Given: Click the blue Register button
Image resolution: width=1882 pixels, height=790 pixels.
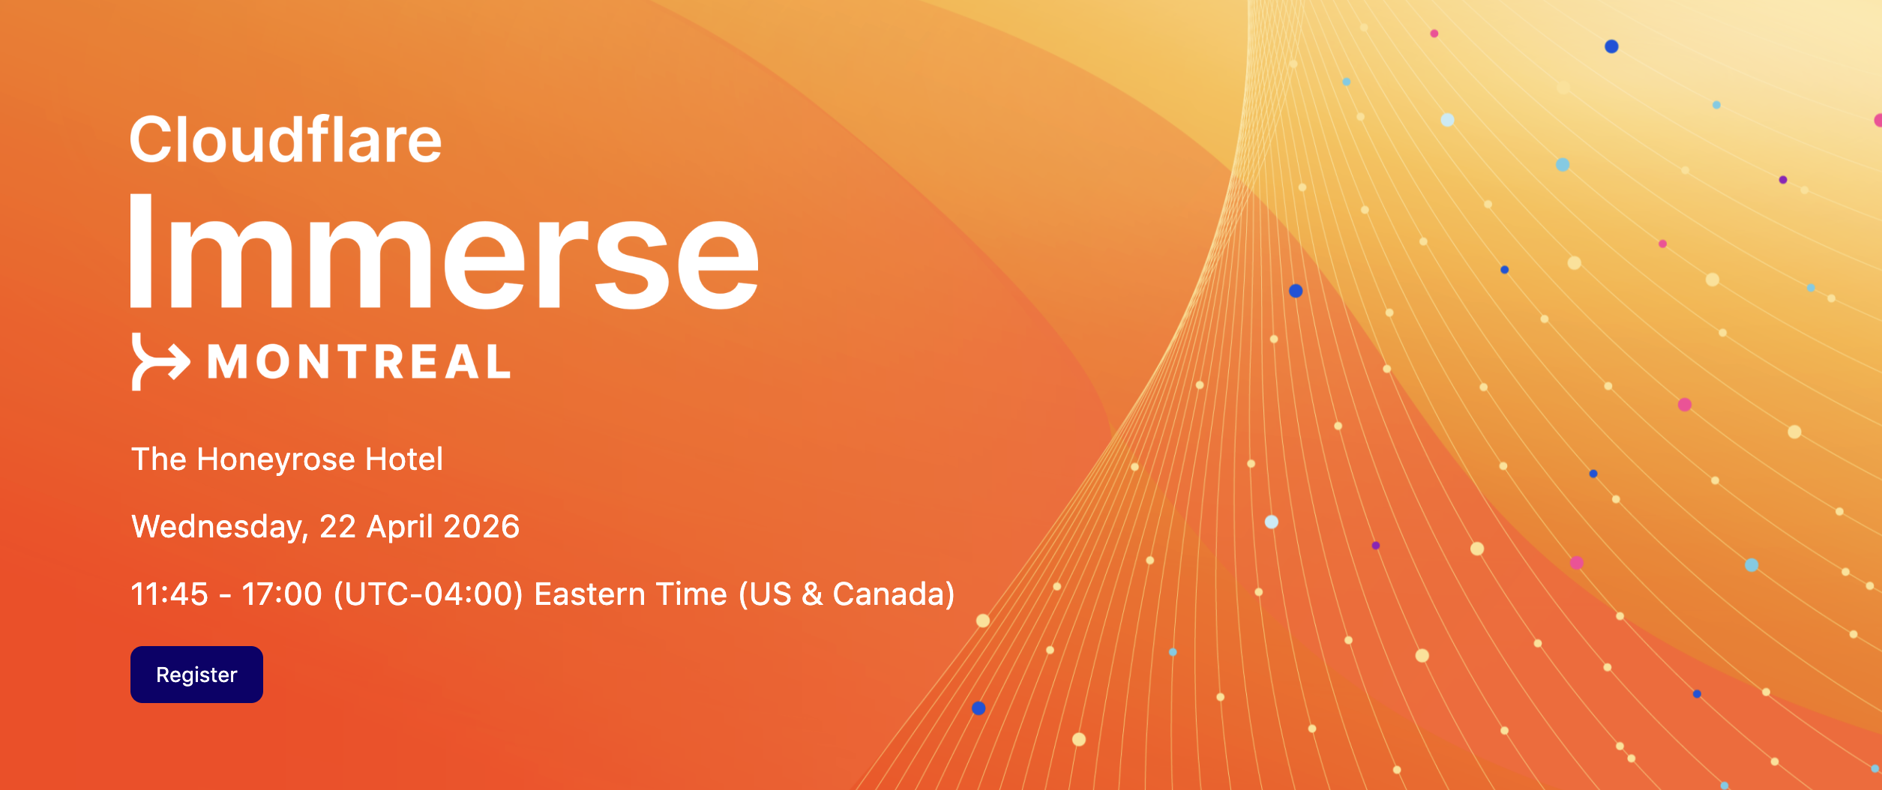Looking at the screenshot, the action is point(196,675).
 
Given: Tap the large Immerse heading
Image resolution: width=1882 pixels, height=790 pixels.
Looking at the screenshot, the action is point(445,251).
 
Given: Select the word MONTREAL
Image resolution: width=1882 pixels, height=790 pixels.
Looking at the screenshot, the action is point(359,362).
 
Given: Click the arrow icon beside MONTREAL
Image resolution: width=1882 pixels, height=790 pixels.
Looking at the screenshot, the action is point(160,362).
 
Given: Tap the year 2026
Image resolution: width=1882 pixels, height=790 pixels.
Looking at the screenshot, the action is point(481,526).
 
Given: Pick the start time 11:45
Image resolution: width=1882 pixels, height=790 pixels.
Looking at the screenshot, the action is point(169,594).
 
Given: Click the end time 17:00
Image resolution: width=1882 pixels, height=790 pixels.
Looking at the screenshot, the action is point(282,594).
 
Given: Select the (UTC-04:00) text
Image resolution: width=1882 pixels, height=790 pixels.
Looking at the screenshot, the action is point(428,594).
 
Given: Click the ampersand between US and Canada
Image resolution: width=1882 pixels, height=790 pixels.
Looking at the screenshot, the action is point(813,594).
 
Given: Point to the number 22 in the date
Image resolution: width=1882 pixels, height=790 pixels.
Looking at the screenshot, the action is point(337,526).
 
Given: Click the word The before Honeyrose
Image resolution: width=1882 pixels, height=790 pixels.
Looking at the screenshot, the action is point(159,459).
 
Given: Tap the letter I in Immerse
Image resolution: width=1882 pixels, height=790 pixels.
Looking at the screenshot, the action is point(142,251).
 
